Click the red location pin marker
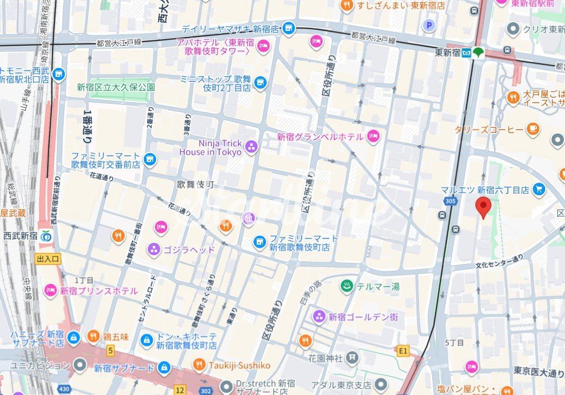pos(484,207)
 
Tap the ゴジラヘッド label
pos(189,250)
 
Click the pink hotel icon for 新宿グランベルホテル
pos(374,136)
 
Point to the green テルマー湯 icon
pos(347,286)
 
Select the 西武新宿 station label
pos(20,235)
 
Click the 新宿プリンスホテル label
pos(99,291)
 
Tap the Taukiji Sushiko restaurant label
pos(239,365)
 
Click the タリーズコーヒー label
pos(489,129)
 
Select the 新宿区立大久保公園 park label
pos(116,87)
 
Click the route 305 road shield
pos(450,201)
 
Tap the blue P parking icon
pos(429,25)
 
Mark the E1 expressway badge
pos(403,350)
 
